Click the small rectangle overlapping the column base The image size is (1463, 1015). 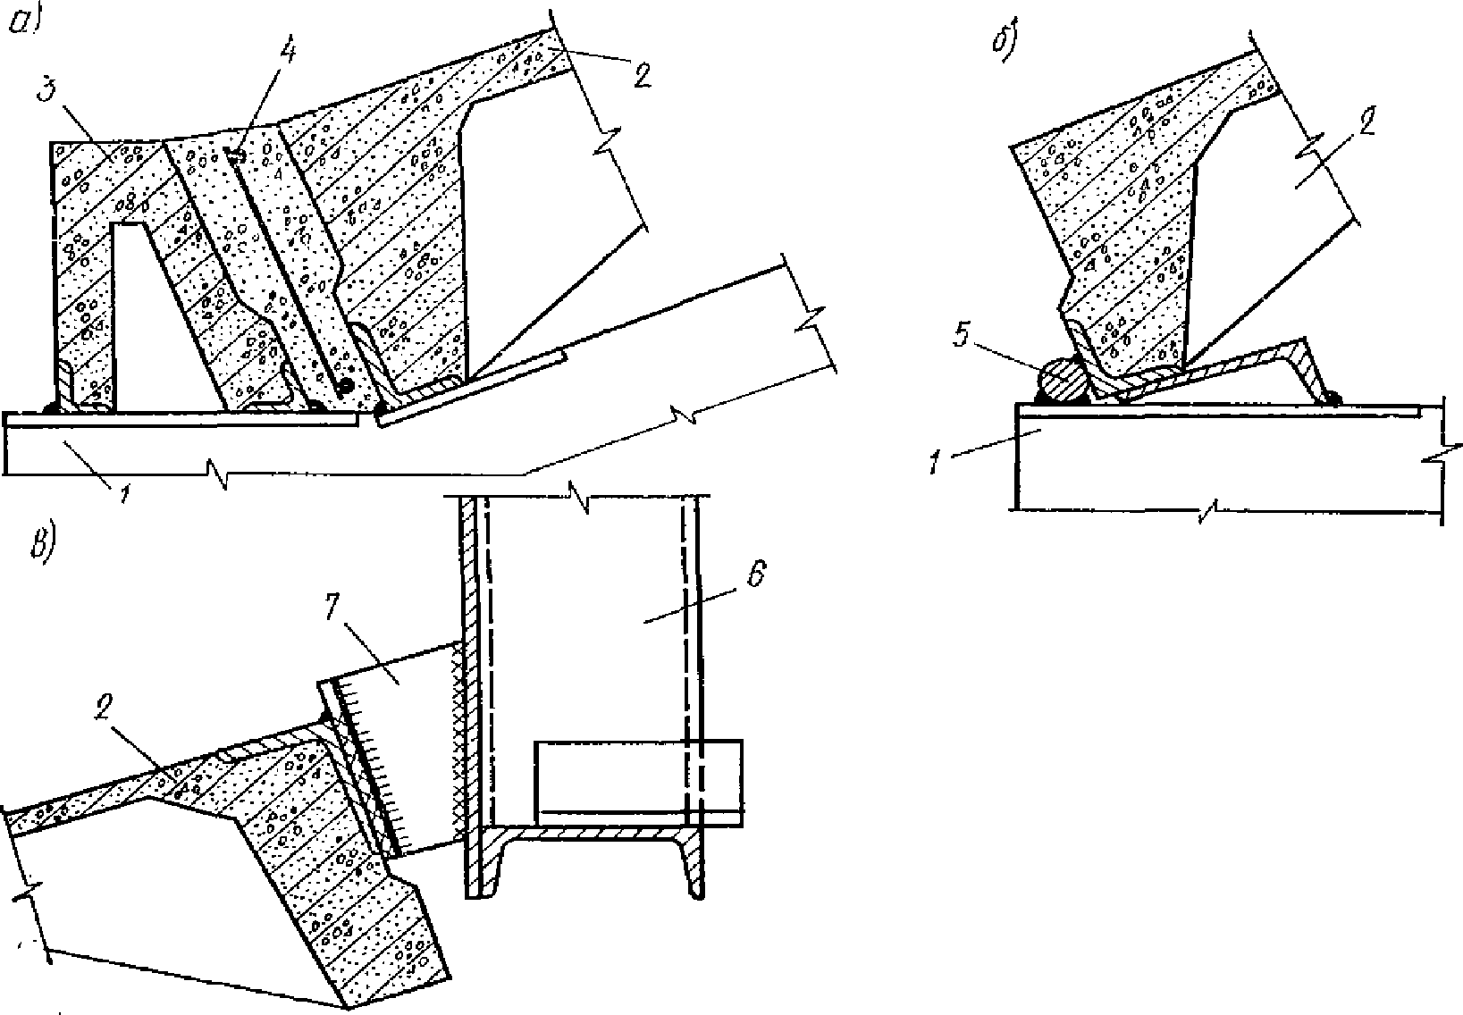point(638,782)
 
